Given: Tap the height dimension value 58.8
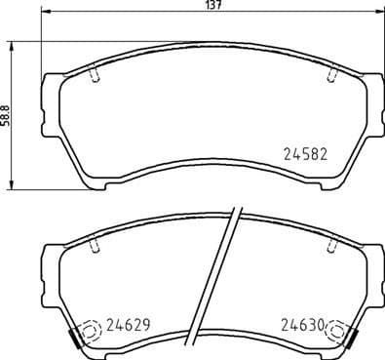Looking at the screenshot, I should coord(6,116).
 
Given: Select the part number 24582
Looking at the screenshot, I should coord(304,152).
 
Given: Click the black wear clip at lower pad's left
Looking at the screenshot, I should coord(73,338).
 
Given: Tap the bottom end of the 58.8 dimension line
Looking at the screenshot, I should coord(12,188).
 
